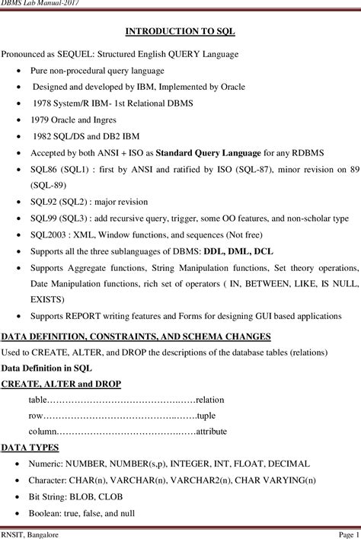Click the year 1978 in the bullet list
tap(43, 103)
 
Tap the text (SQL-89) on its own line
tap(50, 183)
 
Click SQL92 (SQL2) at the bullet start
tap(56, 202)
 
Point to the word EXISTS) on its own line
tap(47, 299)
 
